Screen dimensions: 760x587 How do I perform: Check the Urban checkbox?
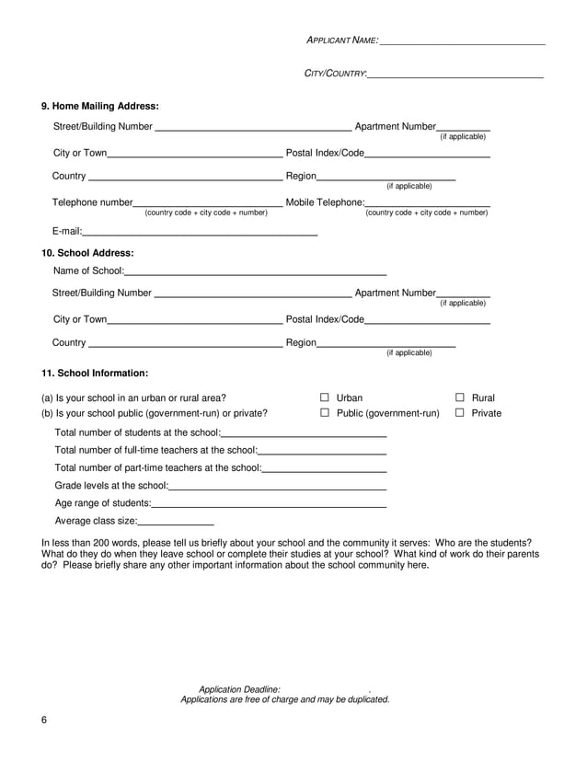coord(325,397)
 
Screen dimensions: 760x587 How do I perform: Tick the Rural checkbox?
coord(460,397)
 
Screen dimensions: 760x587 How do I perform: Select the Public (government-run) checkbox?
coord(325,413)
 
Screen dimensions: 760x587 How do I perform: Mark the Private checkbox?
coord(460,413)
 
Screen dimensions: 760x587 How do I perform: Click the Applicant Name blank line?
coord(462,42)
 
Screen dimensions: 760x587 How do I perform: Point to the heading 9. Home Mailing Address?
coord(100,106)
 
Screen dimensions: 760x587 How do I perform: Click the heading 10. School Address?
coord(87,252)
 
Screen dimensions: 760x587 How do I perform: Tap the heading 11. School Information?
coord(95,374)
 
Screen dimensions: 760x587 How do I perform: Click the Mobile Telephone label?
coord(326,202)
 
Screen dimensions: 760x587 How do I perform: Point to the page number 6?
coord(43,720)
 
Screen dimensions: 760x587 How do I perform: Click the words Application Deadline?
coord(234,689)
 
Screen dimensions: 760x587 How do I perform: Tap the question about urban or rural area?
coord(133,397)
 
